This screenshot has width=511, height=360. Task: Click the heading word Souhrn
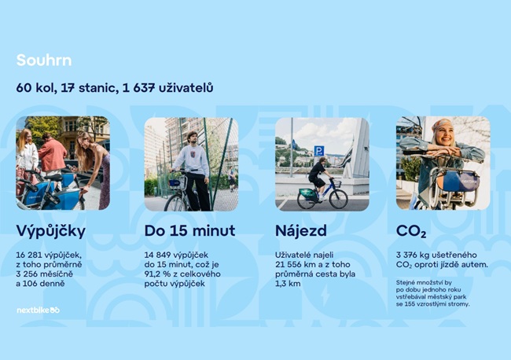point(44,61)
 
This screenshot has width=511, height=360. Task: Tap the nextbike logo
point(39,310)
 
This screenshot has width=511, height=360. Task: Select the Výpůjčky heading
point(51,232)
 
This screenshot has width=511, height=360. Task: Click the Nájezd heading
point(301,231)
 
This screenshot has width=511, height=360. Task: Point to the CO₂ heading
point(411,231)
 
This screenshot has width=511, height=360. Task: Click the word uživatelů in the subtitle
point(186,88)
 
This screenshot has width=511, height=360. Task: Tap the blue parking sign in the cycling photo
point(318,151)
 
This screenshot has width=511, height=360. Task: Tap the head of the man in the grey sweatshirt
point(193,137)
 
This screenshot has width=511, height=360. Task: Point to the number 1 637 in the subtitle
point(138,88)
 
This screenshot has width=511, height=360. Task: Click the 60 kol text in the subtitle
point(35,88)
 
